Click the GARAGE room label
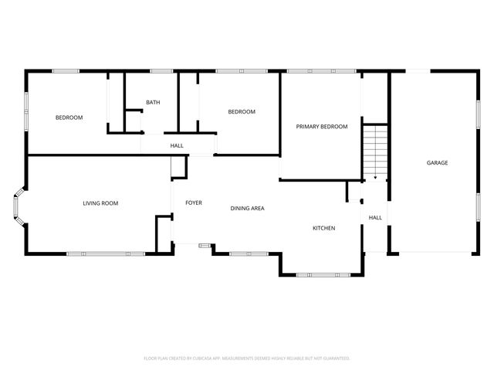[438, 162]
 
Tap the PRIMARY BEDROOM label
[322, 127]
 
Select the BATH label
[152, 102]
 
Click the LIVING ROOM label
[100, 203]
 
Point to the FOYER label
[193, 203]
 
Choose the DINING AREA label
[248, 209]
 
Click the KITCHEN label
[323, 228]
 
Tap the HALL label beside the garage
[375, 218]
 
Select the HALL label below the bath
[177, 145]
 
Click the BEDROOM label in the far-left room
[69, 117]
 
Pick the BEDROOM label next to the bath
[241, 112]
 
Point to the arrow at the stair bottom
[375, 177]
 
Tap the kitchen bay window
[321, 274]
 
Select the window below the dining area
[248, 254]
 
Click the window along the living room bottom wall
[106, 254]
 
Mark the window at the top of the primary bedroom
[321, 72]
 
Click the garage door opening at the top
[418, 72]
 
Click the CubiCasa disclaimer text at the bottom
[247, 358]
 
